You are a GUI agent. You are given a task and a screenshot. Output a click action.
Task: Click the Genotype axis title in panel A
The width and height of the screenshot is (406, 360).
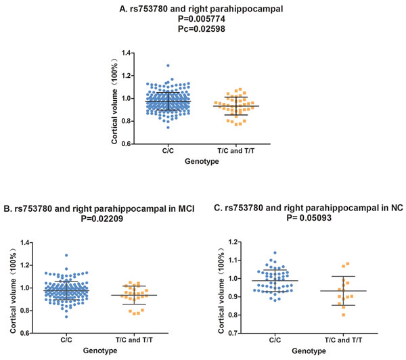pos(197,163)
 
